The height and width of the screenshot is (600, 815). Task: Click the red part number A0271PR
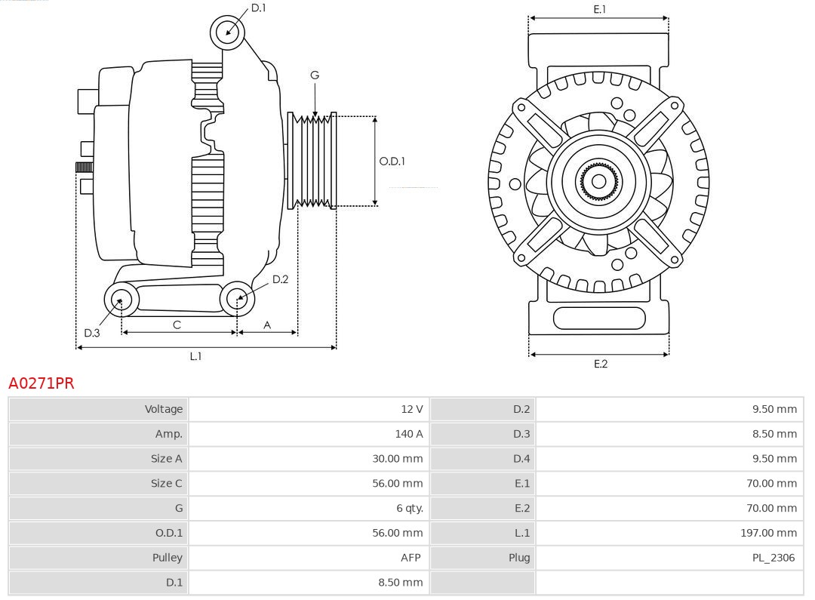click(42, 383)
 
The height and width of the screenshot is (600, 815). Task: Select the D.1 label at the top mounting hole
click(258, 8)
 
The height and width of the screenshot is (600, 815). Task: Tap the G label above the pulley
click(315, 75)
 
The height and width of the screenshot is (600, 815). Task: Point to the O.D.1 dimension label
click(392, 161)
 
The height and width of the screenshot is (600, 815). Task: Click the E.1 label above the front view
click(599, 9)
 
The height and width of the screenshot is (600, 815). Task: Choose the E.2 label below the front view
click(600, 364)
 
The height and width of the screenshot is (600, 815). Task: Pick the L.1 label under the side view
click(195, 356)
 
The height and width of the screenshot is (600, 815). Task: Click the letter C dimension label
click(177, 325)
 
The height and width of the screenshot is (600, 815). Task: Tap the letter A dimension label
click(267, 325)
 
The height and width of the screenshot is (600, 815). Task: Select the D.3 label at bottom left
click(92, 333)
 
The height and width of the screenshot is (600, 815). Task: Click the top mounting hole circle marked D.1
click(227, 32)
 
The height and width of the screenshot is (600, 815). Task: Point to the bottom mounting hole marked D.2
click(238, 299)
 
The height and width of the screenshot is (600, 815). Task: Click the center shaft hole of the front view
click(598, 181)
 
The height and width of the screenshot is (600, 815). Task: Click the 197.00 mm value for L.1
click(767, 533)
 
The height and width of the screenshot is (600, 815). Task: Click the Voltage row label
click(164, 409)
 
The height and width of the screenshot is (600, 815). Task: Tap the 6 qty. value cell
click(409, 508)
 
